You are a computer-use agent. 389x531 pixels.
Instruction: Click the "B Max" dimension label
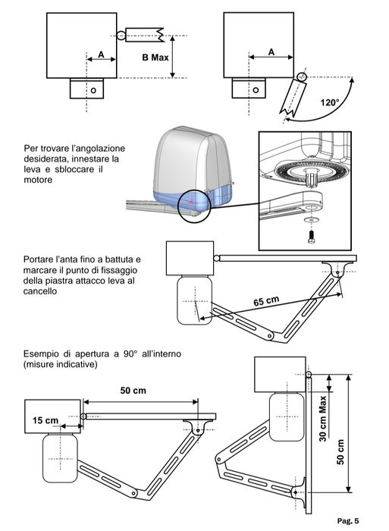pyautogui.click(x=155, y=58)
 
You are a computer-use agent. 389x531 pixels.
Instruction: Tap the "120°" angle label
pyautogui.click(x=330, y=102)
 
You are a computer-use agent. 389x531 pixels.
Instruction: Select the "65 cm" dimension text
pyautogui.click(x=266, y=300)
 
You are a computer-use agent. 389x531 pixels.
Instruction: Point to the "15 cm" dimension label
pyautogui.click(x=45, y=420)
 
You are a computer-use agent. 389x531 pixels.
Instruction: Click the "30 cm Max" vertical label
pyautogui.click(x=323, y=419)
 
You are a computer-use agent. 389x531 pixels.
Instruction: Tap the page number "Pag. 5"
pyautogui.click(x=348, y=521)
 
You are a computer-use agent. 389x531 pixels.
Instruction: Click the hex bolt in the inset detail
pyautogui.click(x=311, y=237)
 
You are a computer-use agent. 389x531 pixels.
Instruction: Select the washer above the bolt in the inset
pyautogui.click(x=309, y=220)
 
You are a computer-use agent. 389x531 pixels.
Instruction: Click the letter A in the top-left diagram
pyautogui.click(x=101, y=54)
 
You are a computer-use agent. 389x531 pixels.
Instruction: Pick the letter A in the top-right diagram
pyautogui.click(x=271, y=52)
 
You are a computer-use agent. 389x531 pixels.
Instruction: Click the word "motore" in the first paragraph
pyautogui.click(x=38, y=180)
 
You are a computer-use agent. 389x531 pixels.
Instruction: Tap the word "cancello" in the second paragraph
pyautogui.click(x=40, y=291)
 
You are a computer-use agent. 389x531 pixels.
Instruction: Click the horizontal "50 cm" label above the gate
pyautogui.click(x=133, y=391)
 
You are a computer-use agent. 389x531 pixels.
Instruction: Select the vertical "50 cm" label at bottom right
pyautogui.click(x=340, y=452)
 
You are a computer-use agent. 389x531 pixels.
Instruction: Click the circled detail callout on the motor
pyautogui.click(x=194, y=206)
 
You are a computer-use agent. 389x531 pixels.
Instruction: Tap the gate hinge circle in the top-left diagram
pyautogui.click(x=121, y=36)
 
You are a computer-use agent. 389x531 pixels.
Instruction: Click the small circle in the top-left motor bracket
pyautogui.click(x=93, y=90)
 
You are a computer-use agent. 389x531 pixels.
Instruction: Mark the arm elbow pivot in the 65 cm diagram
pyautogui.click(x=270, y=336)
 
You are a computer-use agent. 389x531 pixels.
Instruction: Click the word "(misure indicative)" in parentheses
pyautogui.click(x=60, y=365)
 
